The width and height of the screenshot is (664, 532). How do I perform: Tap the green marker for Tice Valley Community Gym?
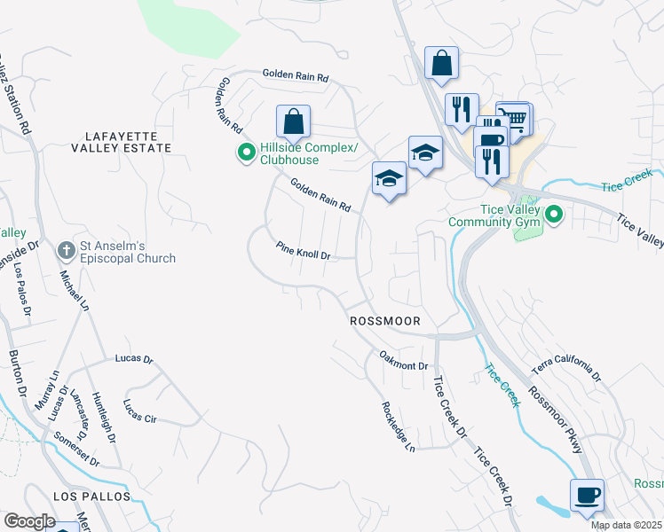tap(554, 215)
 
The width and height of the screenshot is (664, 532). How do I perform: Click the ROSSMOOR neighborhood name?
tap(384, 320)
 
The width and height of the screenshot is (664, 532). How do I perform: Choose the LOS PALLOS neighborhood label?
tap(91, 497)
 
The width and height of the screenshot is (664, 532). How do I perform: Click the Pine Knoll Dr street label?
tap(303, 252)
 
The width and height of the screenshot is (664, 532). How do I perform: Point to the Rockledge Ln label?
tap(399, 426)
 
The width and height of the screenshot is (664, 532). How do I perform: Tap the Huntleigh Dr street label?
tap(103, 418)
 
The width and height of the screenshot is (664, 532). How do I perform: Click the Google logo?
tap(29, 520)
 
